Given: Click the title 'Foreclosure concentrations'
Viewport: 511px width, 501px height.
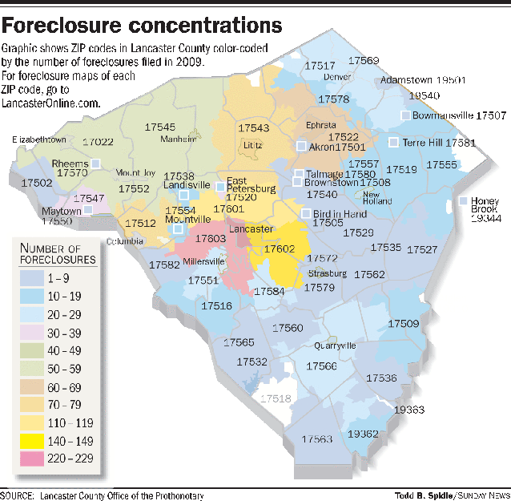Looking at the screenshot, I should (x=142, y=23).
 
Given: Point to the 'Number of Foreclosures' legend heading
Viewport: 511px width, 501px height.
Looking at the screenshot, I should (x=57, y=253).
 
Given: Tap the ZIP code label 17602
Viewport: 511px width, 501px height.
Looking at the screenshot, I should (x=280, y=248).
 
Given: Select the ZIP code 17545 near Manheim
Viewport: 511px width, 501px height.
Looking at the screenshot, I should (x=160, y=127).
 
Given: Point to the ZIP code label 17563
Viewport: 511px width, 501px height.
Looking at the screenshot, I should (x=317, y=439).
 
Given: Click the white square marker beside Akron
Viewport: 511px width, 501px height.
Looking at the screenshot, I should (x=301, y=147).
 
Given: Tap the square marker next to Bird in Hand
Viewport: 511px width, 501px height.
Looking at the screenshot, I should (x=306, y=213).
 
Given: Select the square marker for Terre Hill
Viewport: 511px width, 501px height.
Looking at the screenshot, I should (x=393, y=142).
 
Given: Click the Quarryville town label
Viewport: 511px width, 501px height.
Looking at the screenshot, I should (x=335, y=345).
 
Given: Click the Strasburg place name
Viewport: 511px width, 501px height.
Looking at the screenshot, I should (x=328, y=273).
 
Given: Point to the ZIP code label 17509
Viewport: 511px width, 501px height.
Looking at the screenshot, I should (x=404, y=323).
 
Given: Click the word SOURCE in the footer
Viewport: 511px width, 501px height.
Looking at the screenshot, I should (x=18, y=495).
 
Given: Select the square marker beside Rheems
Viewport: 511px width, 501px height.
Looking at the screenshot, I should (x=95, y=163).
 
